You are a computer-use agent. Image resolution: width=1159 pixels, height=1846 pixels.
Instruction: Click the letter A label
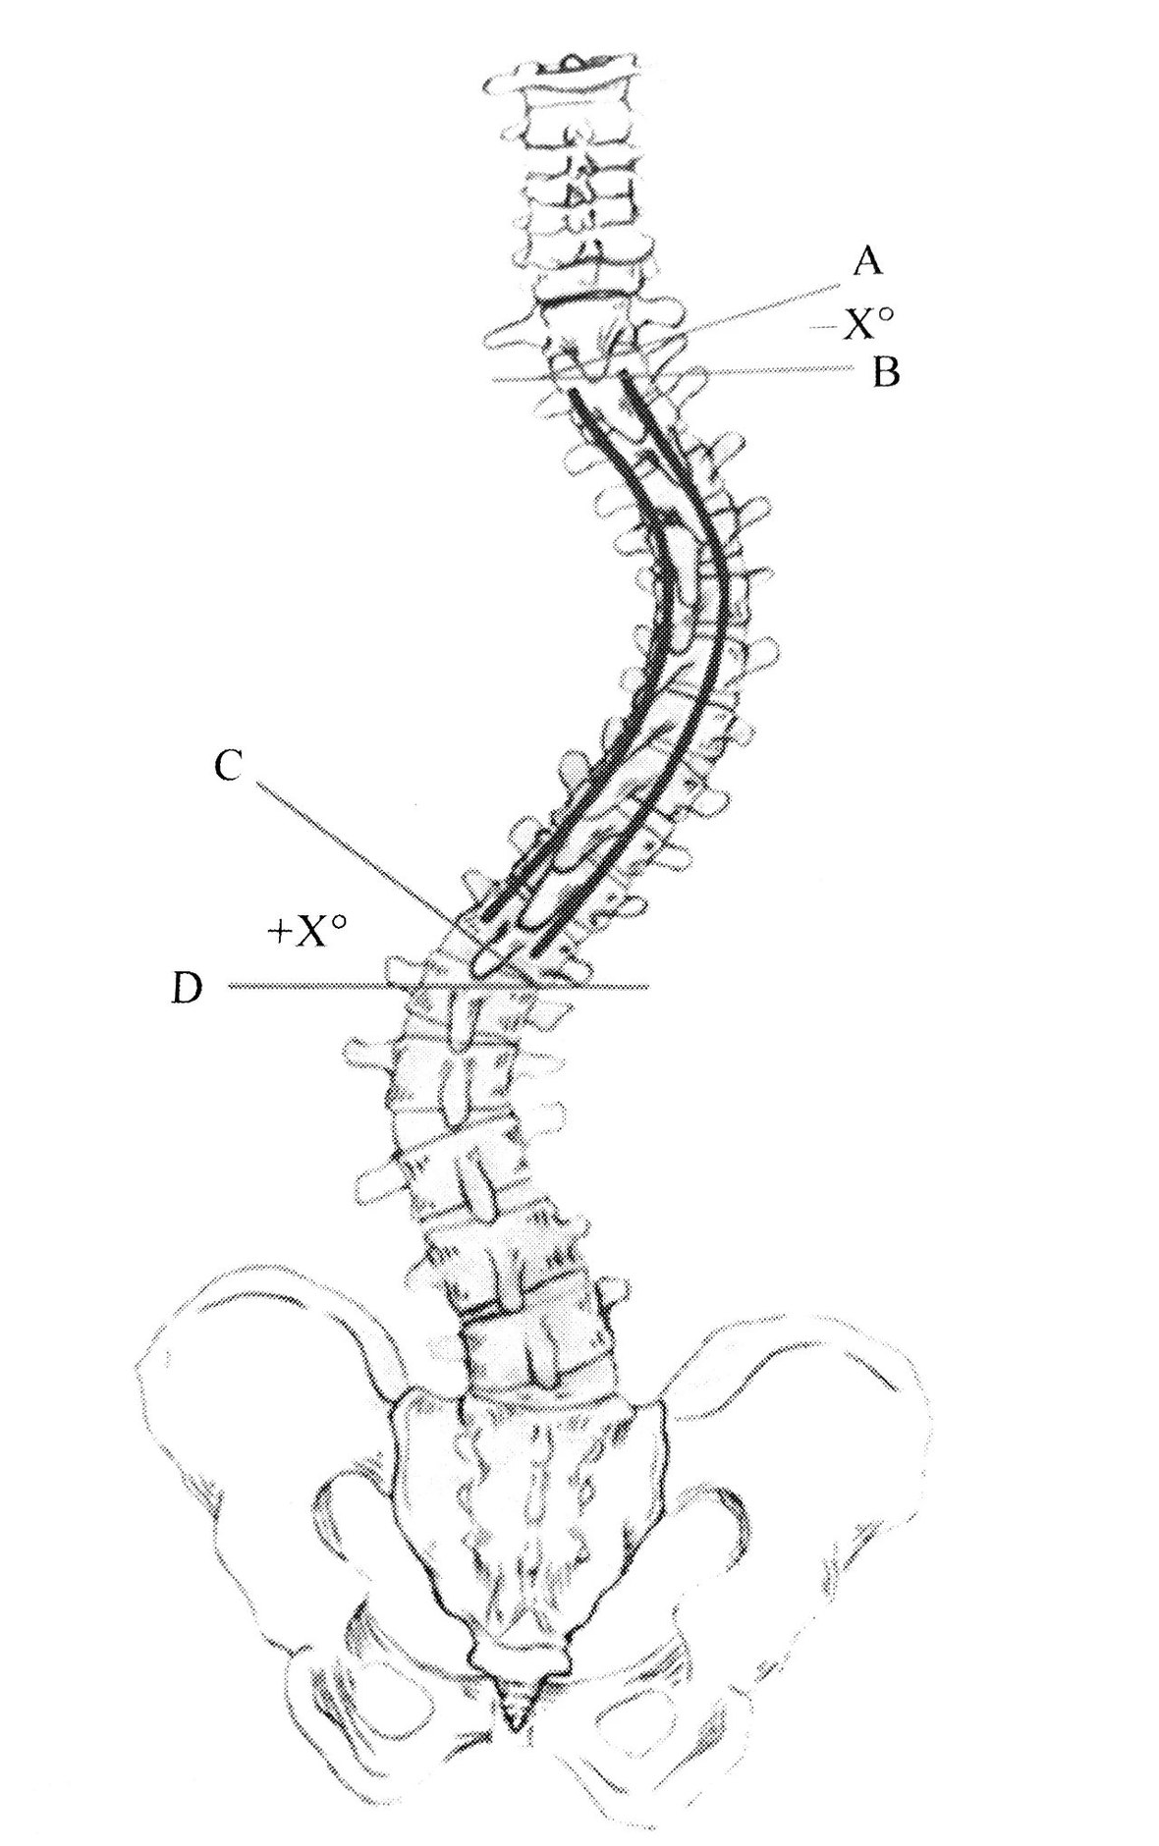867,261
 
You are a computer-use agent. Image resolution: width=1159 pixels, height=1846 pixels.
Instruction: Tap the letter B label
886,373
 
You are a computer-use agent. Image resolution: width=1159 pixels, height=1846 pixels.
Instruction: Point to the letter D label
187,988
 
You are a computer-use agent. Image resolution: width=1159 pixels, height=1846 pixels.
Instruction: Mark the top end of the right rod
624,372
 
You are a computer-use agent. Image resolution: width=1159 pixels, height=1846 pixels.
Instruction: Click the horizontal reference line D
438,986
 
